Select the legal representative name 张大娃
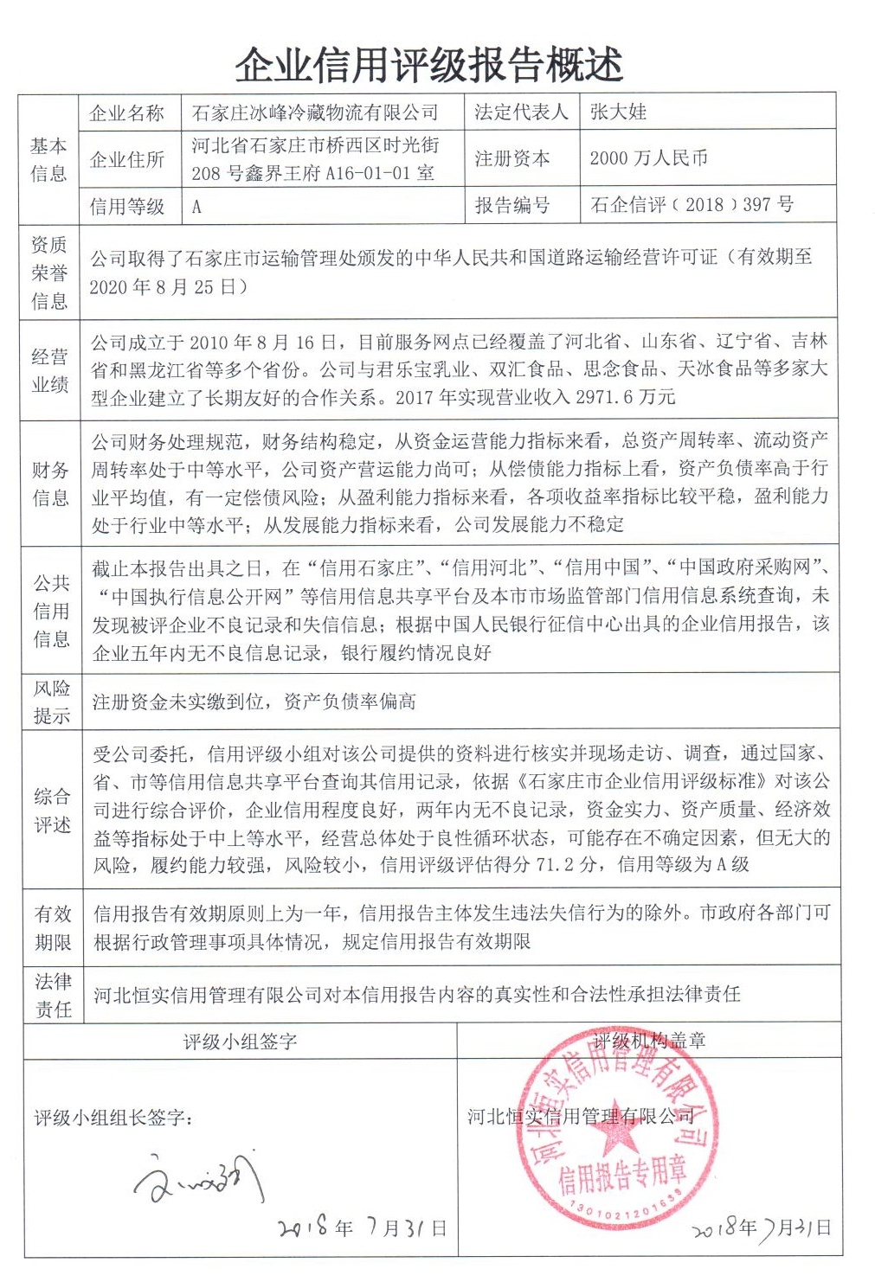(618, 112)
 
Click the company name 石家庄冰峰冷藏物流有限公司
(314, 112)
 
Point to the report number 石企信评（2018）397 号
(692, 205)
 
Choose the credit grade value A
(196, 207)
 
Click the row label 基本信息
(48, 159)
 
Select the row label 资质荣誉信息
(49, 272)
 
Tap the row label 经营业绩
(49, 370)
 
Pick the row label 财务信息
(49, 484)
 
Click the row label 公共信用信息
(51, 611)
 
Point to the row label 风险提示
(51, 702)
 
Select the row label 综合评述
(52, 810)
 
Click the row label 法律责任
(53, 995)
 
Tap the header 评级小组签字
(240, 1042)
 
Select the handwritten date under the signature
(362, 1228)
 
